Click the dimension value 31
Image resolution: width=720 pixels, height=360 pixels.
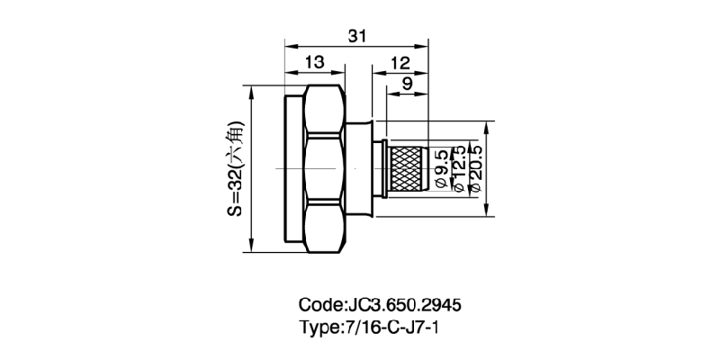[x=357, y=35]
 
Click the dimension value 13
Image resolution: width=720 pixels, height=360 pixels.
[x=314, y=62]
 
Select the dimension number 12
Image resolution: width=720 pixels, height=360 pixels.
[x=400, y=62]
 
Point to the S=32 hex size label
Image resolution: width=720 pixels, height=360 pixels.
[x=234, y=171]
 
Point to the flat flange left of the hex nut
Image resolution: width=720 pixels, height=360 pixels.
[x=294, y=168]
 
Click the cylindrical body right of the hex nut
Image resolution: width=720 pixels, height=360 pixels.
[x=358, y=168]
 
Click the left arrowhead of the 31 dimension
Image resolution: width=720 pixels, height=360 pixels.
[x=289, y=44]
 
